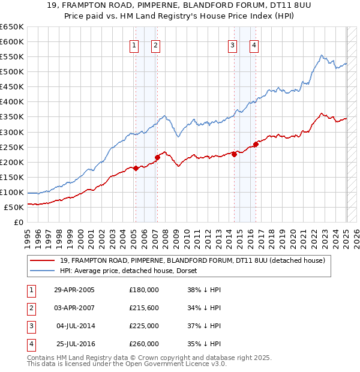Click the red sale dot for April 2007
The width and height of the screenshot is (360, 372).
[157, 157]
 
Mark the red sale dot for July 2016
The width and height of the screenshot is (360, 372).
[256, 144]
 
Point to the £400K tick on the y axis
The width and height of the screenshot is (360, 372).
[12, 102]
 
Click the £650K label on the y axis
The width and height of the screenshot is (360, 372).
[12, 27]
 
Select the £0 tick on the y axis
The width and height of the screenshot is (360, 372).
[19, 223]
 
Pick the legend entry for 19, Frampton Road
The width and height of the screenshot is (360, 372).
[192, 260]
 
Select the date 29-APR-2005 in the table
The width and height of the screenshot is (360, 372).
[74, 289]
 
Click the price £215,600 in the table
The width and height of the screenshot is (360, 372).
[144, 308]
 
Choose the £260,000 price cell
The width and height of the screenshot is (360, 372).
[144, 344]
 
